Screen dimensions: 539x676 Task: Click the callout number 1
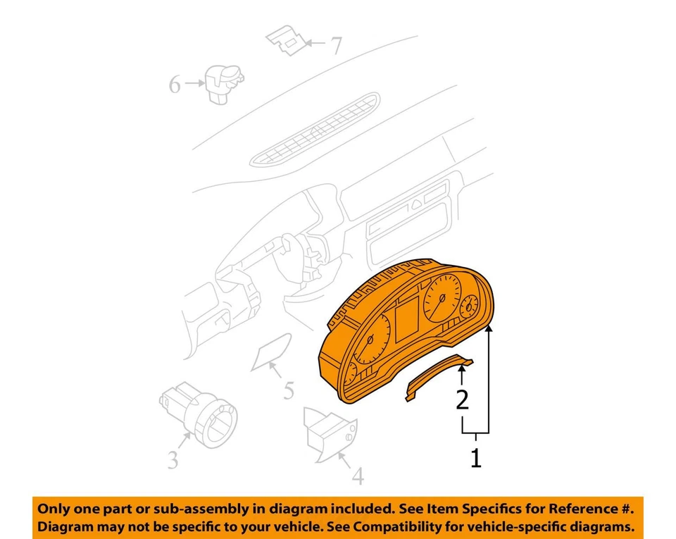point(476,459)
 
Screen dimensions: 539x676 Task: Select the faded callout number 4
point(358,477)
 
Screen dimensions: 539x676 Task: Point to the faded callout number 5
point(289,390)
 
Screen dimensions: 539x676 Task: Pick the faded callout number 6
point(175,85)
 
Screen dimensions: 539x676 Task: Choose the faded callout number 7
point(336,46)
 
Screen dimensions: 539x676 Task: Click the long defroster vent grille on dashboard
point(317,128)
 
